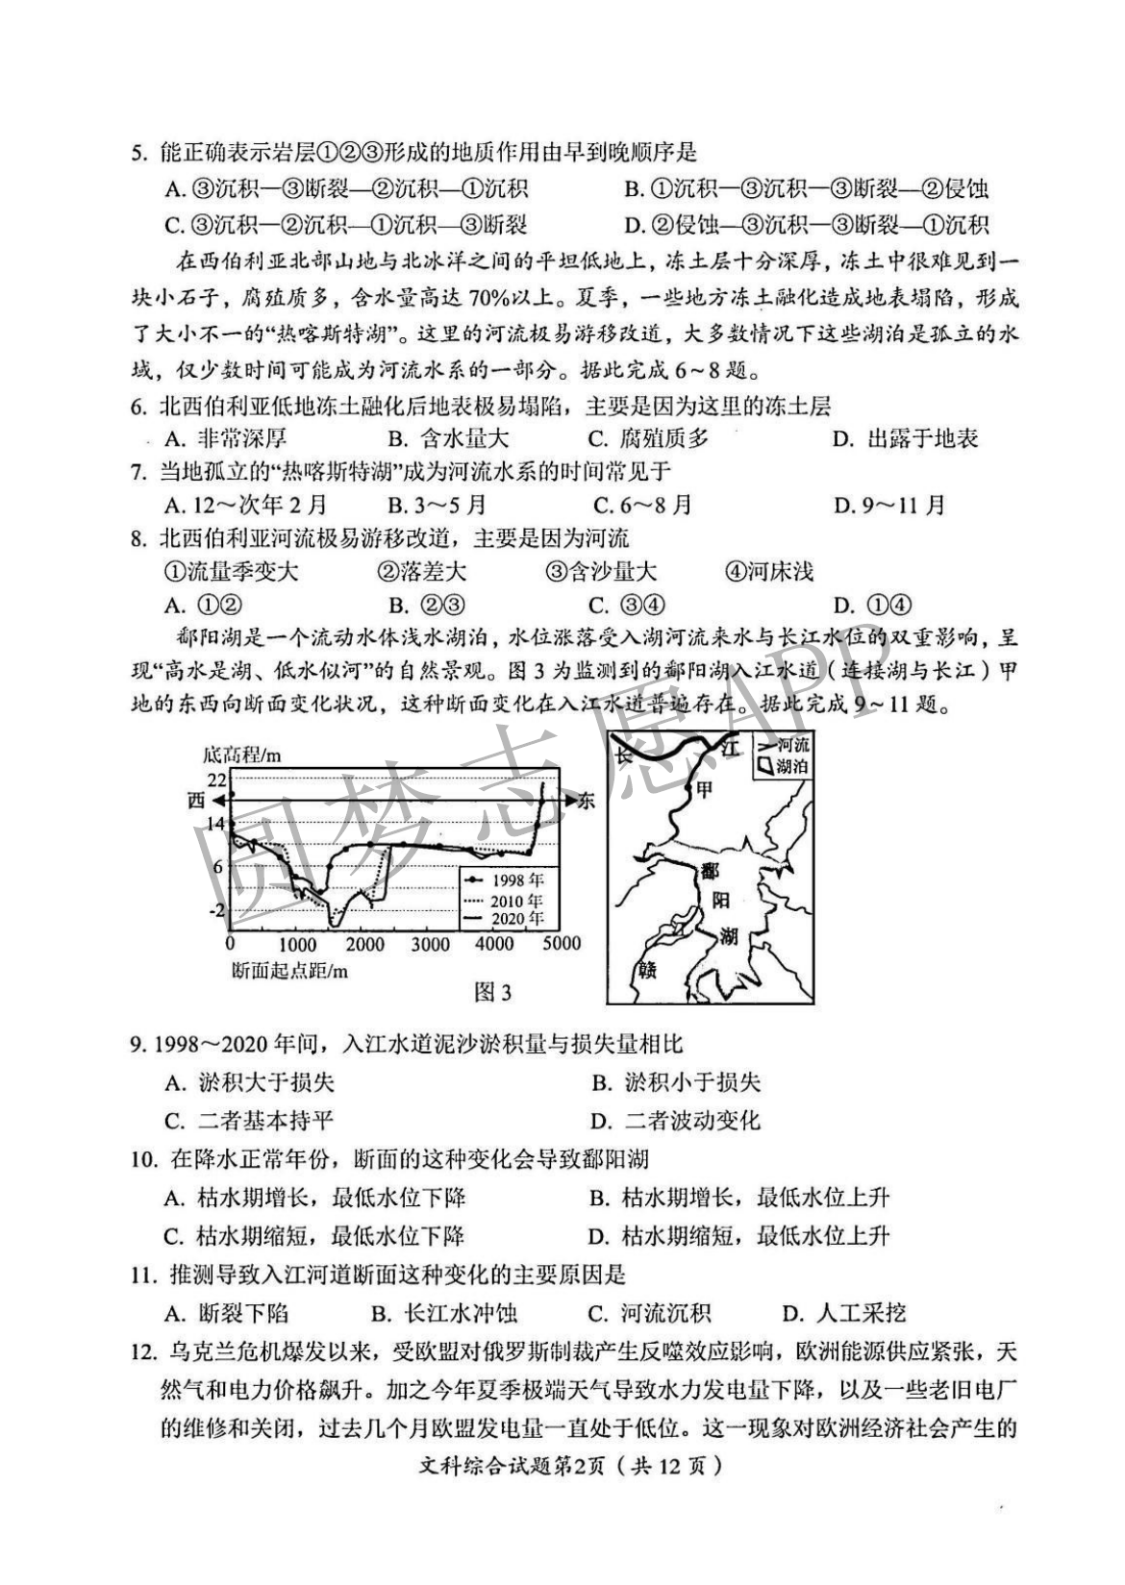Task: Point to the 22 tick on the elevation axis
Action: [x=215, y=780]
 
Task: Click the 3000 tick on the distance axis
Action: [x=430, y=944]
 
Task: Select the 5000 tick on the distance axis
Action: [x=562, y=944]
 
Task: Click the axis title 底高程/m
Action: [x=241, y=755]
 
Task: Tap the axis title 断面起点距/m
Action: [x=289, y=970]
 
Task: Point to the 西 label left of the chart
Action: [x=196, y=801]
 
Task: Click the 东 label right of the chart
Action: [x=586, y=801]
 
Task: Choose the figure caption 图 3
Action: [x=493, y=992]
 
